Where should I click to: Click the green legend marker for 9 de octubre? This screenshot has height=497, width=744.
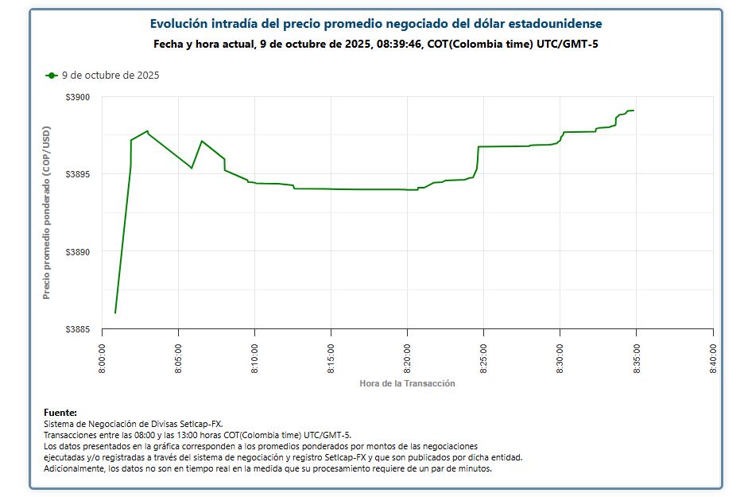coord(52,76)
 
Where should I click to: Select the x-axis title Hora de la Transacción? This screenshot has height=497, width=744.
coord(407,383)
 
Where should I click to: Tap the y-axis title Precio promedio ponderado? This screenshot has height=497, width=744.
coord(46,212)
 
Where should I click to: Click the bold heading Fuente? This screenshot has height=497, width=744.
coord(60,413)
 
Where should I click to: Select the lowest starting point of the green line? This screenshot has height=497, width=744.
coord(115,313)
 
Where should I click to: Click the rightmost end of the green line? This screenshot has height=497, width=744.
coord(634,111)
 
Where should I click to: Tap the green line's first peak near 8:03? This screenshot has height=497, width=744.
coord(147,130)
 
